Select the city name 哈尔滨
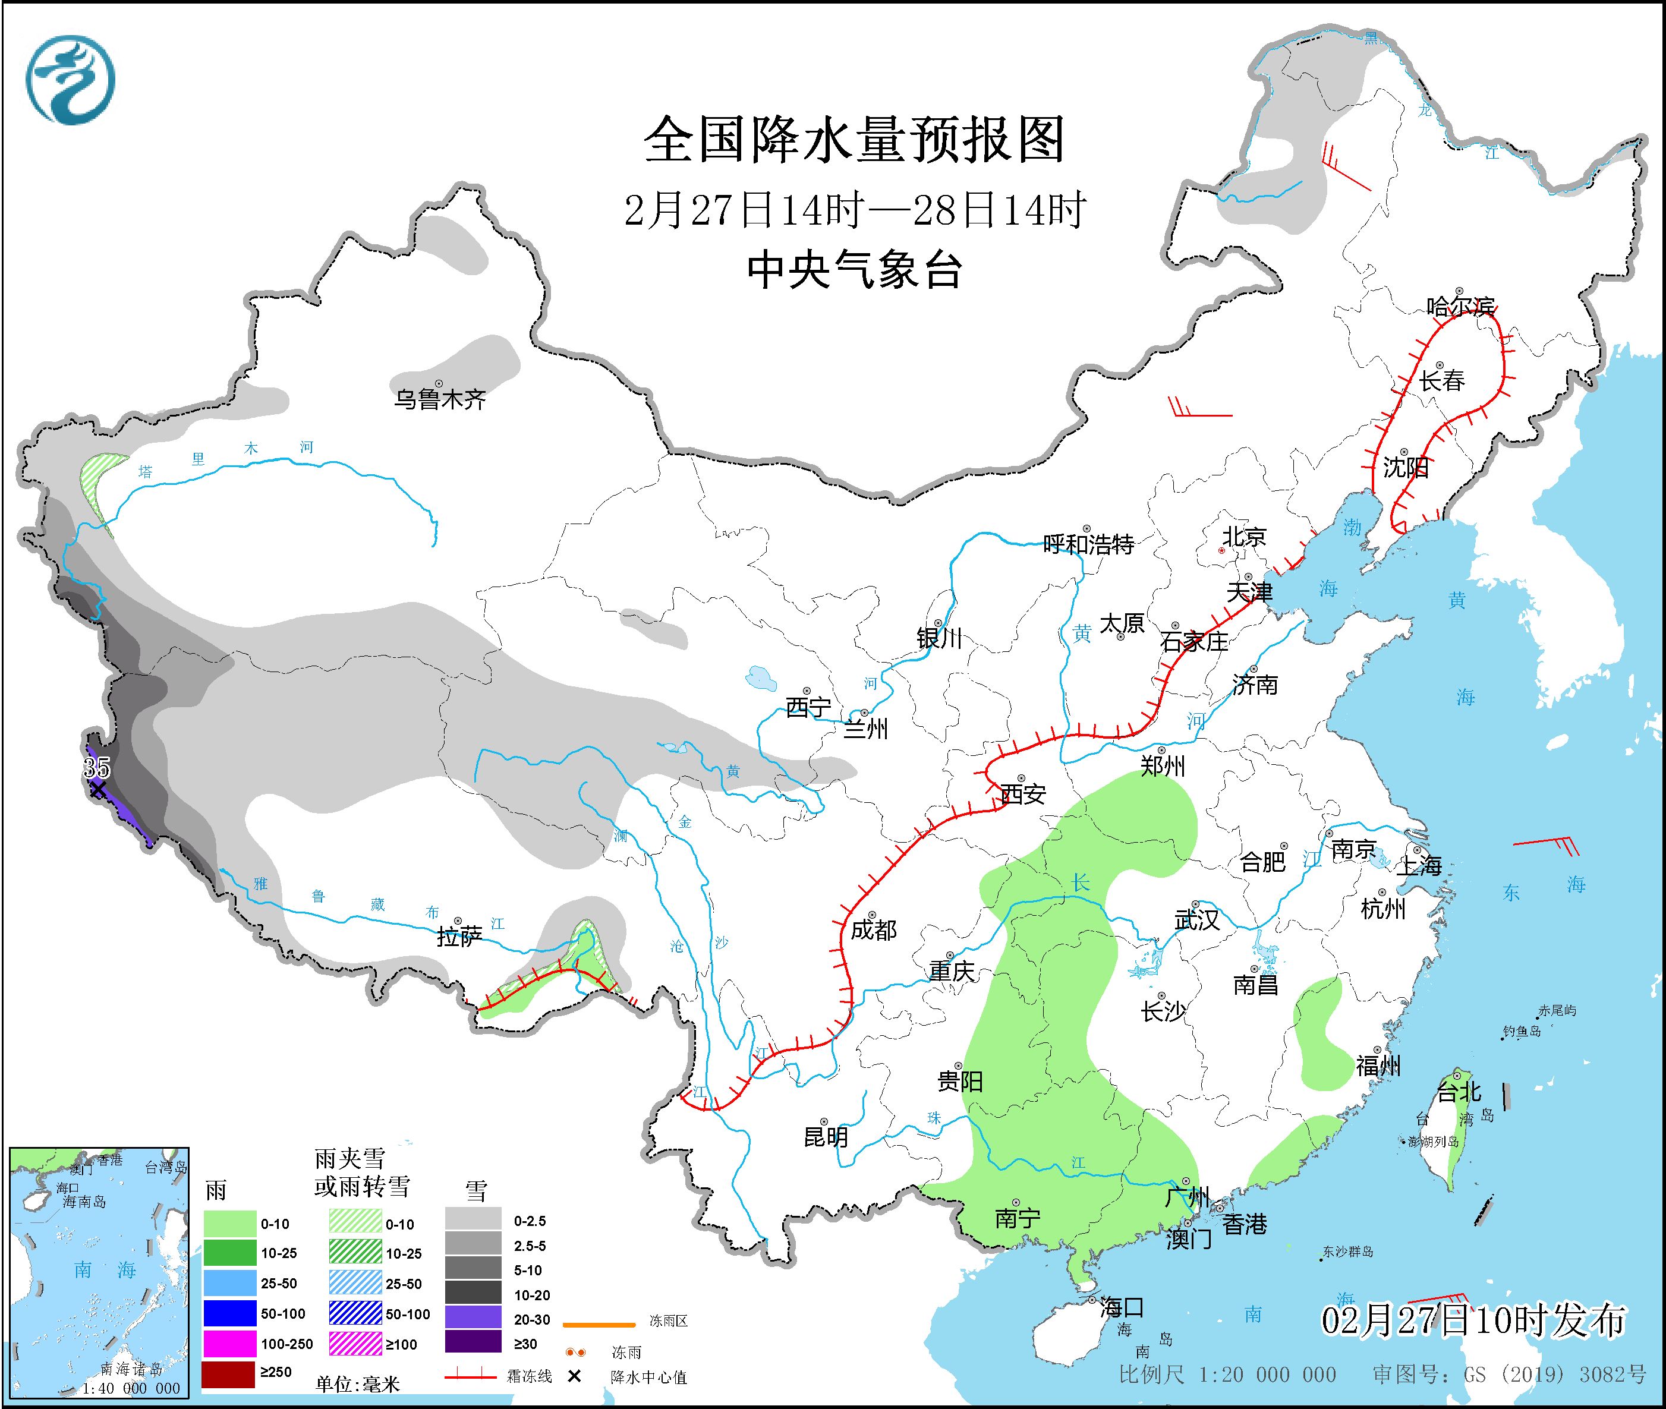pos(1460,307)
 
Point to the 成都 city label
pos(873,930)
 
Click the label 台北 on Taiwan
pos(1459,1091)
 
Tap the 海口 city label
pos(1121,1307)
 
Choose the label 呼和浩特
pos(1088,545)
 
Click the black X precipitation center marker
pos(97,790)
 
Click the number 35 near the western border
pos(97,768)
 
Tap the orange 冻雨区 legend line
pos(599,1325)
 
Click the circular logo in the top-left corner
pos(70,80)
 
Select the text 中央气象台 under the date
pos(854,270)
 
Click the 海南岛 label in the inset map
pos(84,1202)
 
